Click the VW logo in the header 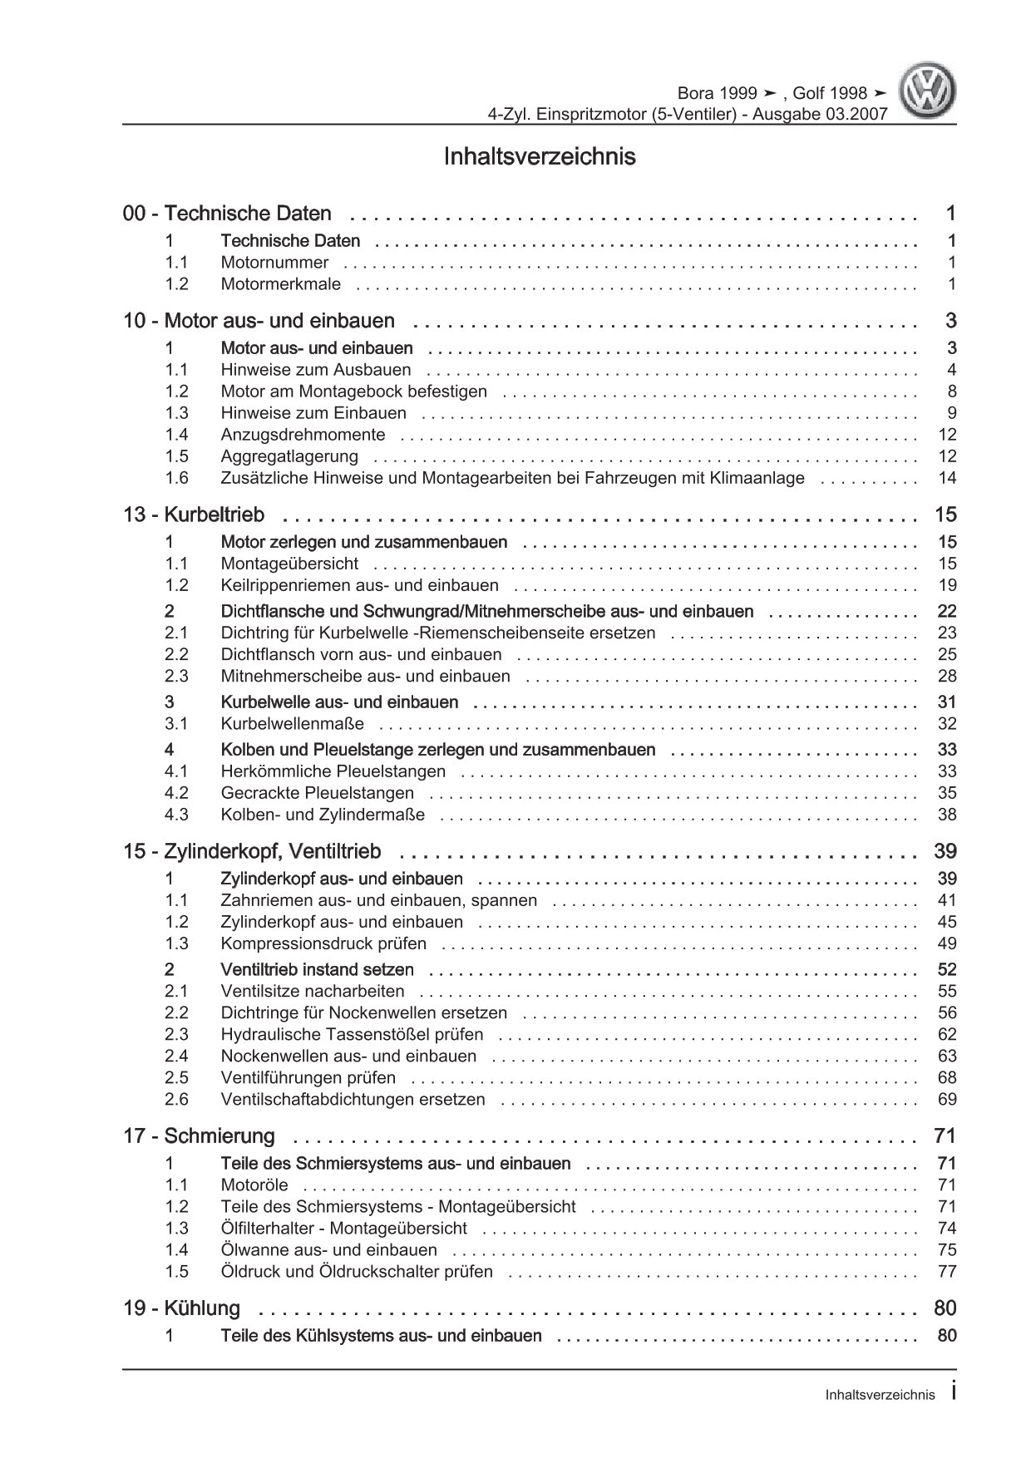[930, 92]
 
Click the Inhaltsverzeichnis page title [540, 156]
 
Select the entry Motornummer [274, 263]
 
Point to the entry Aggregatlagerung [289, 456]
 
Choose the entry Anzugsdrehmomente [303, 435]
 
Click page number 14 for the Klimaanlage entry [947, 478]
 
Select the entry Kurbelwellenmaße [292, 724]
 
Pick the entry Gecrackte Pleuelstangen [317, 793]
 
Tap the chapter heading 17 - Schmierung [199, 1135]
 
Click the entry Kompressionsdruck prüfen [323, 943]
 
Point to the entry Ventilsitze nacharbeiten [313, 991]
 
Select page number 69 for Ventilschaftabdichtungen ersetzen [947, 1099]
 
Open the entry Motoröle [254, 1185]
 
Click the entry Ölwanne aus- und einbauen [328, 1249]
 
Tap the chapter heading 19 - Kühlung [181, 1308]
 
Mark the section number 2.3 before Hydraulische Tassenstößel [176, 1034]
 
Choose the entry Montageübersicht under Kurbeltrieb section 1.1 [289, 564]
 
